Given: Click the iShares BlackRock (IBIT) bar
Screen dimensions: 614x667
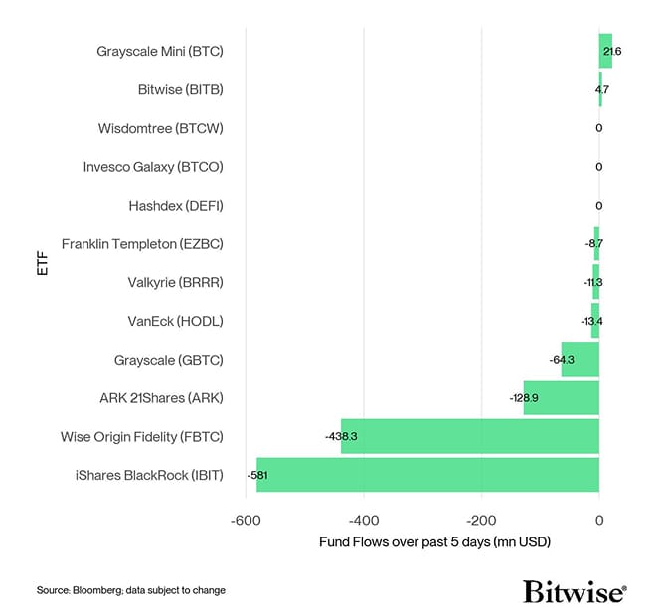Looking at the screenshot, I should click(x=427, y=475).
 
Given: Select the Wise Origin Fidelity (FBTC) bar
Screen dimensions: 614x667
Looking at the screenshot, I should click(x=469, y=436).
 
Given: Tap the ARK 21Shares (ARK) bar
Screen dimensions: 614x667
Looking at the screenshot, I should click(x=561, y=397).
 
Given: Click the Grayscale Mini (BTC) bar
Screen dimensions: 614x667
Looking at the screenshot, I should click(x=605, y=51).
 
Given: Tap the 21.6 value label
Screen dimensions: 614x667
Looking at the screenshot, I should click(x=612, y=51).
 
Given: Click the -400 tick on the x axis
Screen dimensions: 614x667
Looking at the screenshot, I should click(x=364, y=520).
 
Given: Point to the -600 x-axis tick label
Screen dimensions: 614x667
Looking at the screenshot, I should click(x=246, y=520).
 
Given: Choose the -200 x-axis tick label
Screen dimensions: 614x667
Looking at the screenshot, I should click(x=481, y=520).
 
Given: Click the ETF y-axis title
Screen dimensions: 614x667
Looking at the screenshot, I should click(x=42, y=263).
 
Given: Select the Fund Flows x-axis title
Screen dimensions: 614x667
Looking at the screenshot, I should click(x=434, y=542).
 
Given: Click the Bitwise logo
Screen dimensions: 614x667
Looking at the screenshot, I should click(x=575, y=592).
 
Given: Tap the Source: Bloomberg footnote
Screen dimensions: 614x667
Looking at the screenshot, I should click(x=131, y=590).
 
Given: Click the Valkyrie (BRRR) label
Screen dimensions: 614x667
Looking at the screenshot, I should click(x=175, y=282).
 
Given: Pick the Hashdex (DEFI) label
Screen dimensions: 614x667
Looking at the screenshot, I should click(x=176, y=206).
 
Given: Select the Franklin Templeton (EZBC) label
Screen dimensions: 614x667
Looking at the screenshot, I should click(x=142, y=243).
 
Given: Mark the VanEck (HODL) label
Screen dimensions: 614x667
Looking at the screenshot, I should click(x=175, y=321).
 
